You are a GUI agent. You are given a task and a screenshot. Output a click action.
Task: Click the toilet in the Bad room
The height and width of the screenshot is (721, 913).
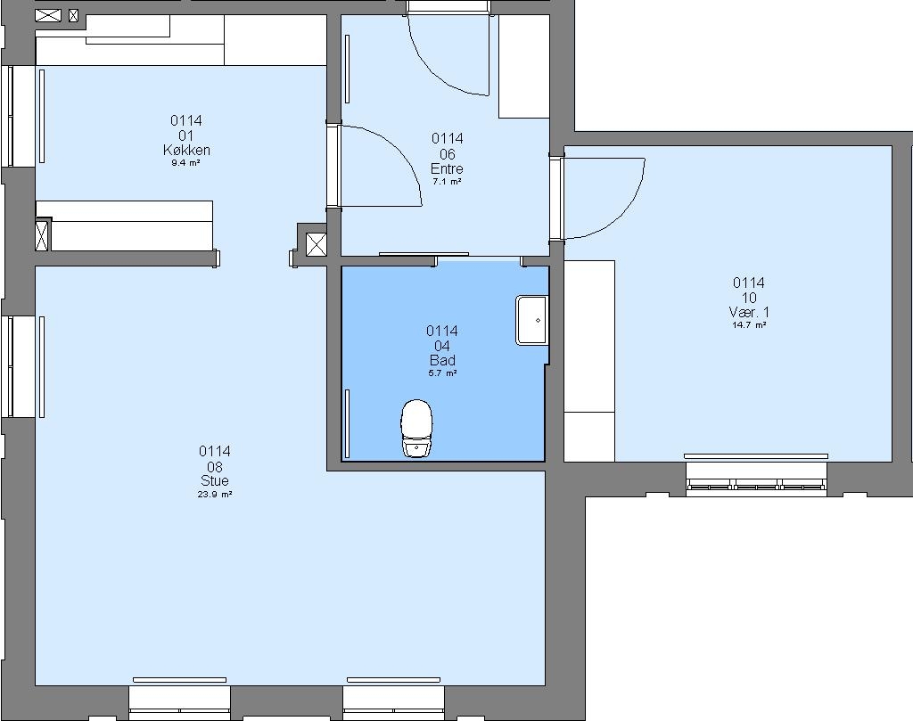[417, 428]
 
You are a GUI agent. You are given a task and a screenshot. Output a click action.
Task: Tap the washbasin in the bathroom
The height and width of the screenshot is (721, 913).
[531, 320]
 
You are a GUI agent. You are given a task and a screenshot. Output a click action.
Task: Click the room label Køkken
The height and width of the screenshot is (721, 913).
[186, 150]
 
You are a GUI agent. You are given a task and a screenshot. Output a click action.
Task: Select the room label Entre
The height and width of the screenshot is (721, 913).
[448, 168]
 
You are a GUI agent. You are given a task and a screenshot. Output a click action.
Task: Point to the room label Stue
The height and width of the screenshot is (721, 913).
[215, 480]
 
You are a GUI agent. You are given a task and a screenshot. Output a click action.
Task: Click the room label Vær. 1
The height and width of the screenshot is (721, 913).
[749, 313]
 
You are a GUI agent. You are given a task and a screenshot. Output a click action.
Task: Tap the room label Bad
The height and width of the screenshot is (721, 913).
[442, 360]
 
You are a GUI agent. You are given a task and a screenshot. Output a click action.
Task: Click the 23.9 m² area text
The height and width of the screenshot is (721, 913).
[215, 495]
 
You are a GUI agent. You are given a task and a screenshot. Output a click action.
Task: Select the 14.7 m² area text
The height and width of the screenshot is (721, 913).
[749, 325]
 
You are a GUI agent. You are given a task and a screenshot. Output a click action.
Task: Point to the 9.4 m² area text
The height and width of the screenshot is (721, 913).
[185, 163]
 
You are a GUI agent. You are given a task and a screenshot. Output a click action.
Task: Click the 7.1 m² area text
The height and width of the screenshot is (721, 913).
[448, 182]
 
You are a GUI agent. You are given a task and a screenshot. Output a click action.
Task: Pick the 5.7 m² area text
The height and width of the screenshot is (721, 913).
[442, 373]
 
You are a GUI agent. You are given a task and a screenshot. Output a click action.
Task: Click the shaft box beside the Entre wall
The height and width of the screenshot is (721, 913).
[317, 245]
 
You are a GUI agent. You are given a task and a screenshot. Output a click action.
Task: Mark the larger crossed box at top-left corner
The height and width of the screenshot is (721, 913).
[48, 16]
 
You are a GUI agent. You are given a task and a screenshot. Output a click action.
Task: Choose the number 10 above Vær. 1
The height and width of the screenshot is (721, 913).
[749, 298]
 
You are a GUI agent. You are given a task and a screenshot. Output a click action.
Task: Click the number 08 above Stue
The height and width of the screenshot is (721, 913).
[215, 467]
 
